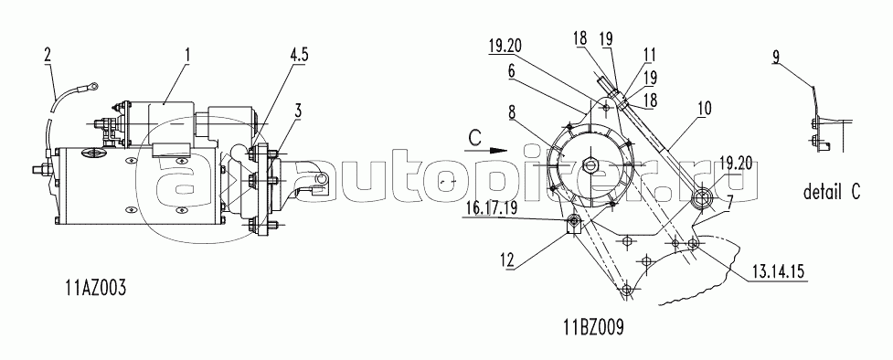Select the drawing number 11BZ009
tap(593, 327)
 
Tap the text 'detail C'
tap(832, 192)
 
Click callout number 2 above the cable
tap(48, 55)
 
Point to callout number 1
tap(187, 55)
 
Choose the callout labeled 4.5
tap(299, 55)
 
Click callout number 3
tap(297, 111)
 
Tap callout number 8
tap(513, 111)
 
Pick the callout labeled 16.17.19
tap(491, 208)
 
